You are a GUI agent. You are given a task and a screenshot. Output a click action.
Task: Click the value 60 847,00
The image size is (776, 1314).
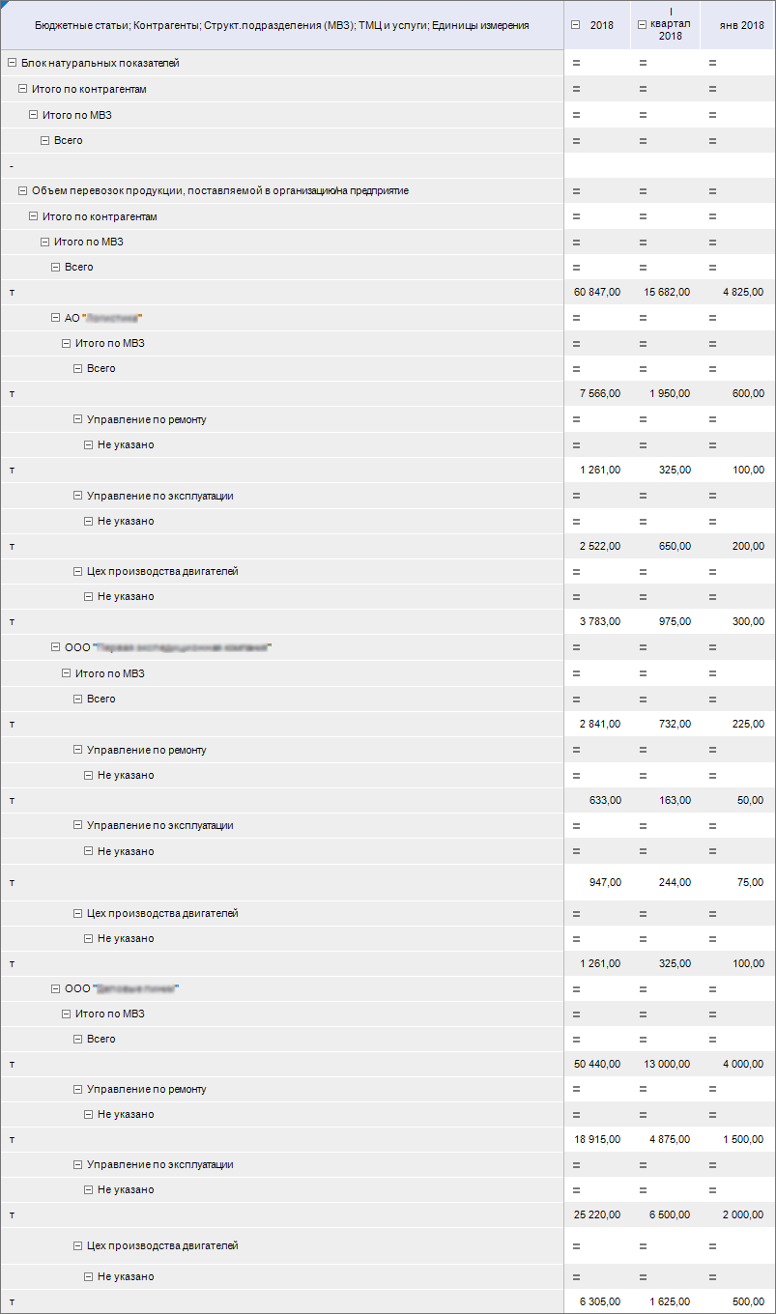tap(596, 292)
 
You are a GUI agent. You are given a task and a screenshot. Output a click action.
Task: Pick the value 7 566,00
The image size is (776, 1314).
tap(599, 393)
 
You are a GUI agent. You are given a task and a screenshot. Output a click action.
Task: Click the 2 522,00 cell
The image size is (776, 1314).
tap(599, 546)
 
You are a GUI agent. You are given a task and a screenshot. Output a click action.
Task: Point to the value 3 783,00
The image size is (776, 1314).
tap(599, 621)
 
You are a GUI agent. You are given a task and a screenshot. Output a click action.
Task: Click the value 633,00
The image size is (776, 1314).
tap(605, 800)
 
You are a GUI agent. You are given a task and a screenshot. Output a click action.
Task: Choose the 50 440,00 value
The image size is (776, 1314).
tap(596, 1064)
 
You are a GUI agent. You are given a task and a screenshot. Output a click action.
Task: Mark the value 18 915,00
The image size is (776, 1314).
tap(596, 1139)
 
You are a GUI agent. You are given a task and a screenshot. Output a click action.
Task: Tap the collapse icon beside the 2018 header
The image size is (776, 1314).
tap(576, 25)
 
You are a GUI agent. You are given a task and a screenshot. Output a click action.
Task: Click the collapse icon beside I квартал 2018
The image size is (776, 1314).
tap(643, 25)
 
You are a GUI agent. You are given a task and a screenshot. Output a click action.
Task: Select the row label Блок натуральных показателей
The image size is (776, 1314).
tap(100, 63)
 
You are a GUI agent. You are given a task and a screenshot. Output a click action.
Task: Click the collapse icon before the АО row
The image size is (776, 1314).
tap(56, 318)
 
